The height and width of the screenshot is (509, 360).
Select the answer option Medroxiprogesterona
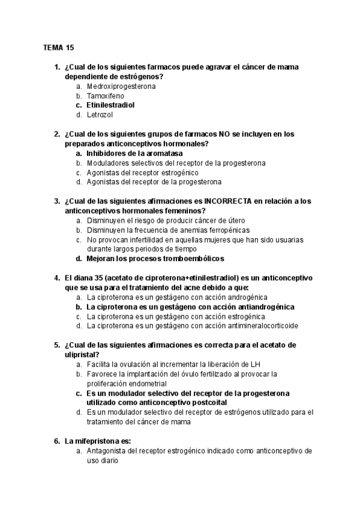tap(121, 86)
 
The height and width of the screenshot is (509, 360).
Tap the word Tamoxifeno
tap(106, 95)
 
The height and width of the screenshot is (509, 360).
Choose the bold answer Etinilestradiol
tap(110, 105)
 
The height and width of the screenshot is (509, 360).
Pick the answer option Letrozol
tap(100, 115)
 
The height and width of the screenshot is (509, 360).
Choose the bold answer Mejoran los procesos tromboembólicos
tap(155, 259)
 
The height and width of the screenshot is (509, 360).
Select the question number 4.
tap(56, 278)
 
